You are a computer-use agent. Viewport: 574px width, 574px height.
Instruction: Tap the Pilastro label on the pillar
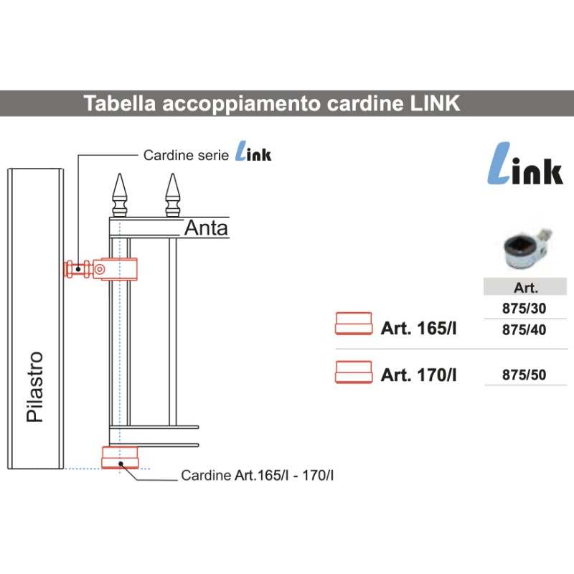tap(35, 387)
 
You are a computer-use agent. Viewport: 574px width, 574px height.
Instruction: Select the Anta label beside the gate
tap(207, 228)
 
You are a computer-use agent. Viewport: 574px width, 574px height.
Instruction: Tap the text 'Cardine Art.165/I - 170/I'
tap(257, 475)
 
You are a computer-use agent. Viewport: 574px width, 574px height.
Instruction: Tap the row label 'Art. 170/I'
tap(419, 375)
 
